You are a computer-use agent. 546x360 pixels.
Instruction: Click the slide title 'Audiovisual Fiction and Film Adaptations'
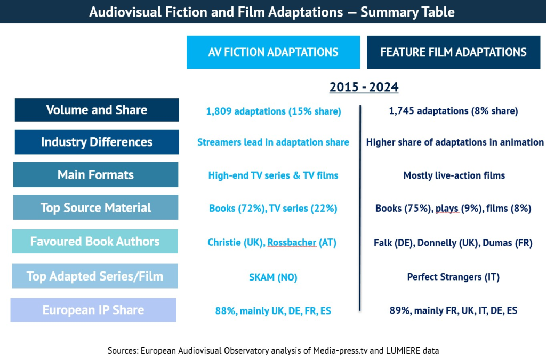[272, 12]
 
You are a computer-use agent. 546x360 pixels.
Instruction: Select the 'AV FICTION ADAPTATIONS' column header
[273, 52]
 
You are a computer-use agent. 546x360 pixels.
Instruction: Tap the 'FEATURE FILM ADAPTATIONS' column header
[453, 52]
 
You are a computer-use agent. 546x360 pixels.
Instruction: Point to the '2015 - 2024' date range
[364, 87]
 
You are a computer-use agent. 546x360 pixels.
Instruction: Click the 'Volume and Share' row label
[97, 110]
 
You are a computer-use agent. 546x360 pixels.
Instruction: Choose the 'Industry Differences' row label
[97, 142]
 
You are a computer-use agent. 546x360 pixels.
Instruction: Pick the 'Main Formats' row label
[96, 175]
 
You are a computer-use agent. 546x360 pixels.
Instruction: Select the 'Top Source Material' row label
[96, 207]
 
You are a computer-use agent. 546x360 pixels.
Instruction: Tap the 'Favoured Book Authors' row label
[95, 241]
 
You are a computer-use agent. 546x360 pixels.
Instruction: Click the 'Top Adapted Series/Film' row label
[95, 276]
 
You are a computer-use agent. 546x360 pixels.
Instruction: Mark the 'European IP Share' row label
[93, 310]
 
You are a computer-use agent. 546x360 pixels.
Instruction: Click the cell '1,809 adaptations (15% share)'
[273, 111]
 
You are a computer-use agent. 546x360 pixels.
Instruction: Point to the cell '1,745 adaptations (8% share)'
[453, 111]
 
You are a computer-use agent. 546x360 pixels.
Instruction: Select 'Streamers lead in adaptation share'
[273, 142]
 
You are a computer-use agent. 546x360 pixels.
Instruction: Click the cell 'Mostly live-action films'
[454, 175]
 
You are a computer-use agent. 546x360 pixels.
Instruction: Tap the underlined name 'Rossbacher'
[292, 243]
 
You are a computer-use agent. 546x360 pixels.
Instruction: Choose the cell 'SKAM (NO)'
[273, 277]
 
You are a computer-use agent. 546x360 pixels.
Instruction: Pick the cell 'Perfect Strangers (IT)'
[453, 277]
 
